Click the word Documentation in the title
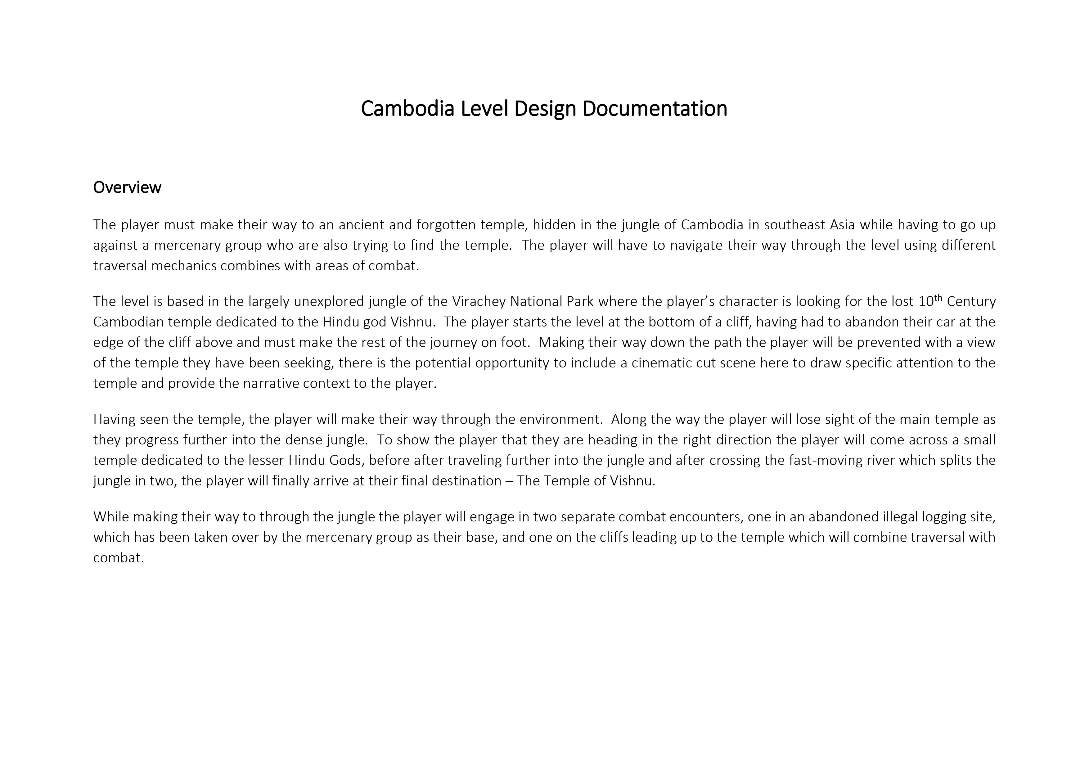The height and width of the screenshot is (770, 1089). pyautogui.click(x=655, y=109)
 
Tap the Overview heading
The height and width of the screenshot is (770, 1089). pyautogui.click(x=127, y=187)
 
